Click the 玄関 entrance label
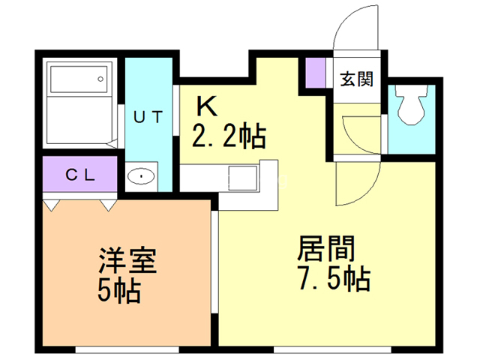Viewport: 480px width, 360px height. [357, 79]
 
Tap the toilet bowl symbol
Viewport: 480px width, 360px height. [411, 105]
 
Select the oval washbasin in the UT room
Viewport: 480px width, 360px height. [141, 176]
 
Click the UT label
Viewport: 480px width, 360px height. [148, 117]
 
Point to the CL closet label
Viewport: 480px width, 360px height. [80, 175]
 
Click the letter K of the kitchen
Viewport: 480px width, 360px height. [207, 106]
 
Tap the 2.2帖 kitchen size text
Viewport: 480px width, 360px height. [229, 136]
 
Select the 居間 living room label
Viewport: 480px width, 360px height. [326, 248]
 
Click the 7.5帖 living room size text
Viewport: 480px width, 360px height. [334, 278]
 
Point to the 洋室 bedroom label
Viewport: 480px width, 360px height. [127, 260]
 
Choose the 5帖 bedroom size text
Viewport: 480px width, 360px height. [119, 291]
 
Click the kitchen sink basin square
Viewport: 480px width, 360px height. [243, 178]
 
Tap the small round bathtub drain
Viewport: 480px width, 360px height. [100, 79]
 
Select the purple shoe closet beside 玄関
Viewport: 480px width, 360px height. [316, 73]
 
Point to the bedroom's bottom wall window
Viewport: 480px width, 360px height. [127, 349]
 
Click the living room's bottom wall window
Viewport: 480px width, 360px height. [332, 349]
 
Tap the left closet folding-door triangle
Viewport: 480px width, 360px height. [51, 205]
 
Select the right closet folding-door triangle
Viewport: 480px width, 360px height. [108, 205]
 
